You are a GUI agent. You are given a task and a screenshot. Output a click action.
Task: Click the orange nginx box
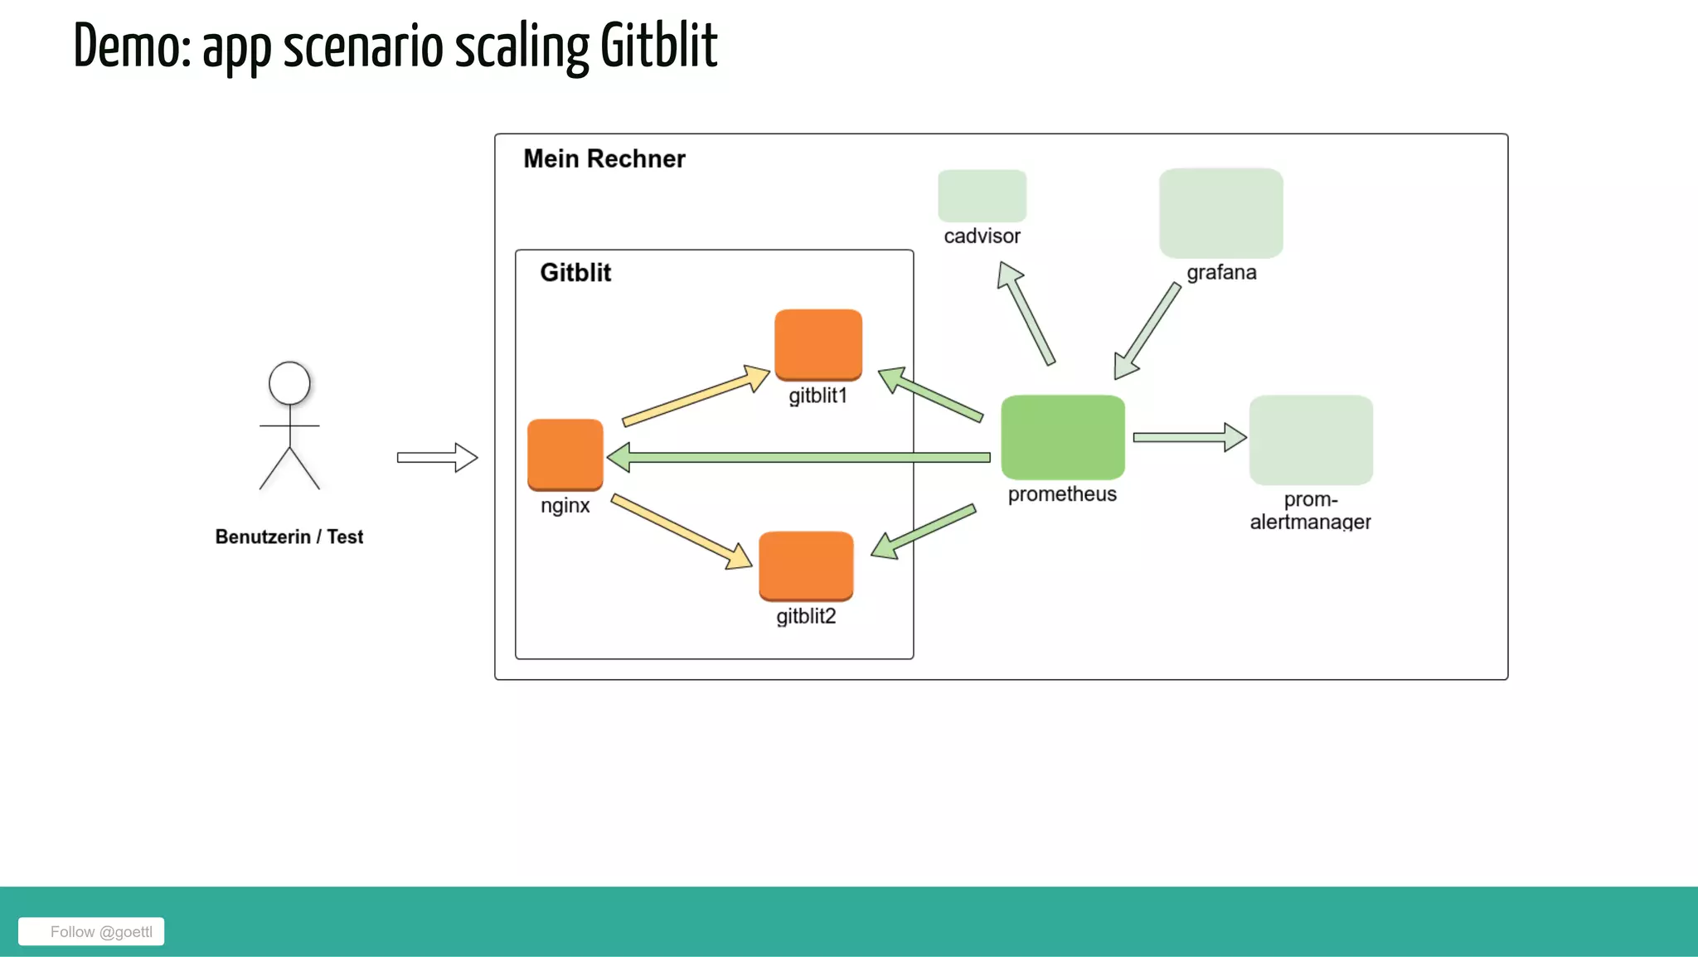(x=565, y=454)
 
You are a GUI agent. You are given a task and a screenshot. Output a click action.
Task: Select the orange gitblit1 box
(x=817, y=344)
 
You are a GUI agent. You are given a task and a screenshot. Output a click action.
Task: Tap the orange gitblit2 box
(x=805, y=565)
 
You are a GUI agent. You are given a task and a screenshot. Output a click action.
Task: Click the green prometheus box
(x=1062, y=437)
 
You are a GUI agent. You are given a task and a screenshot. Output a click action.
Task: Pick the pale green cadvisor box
(x=982, y=196)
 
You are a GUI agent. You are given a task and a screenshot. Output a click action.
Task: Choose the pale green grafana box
(x=1220, y=212)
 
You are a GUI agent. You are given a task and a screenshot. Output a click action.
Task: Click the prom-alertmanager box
(x=1310, y=440)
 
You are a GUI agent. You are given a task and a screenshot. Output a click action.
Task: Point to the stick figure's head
(x=289, y=383)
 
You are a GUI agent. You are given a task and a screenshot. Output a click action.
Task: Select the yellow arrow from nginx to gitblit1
(x=695, y=396)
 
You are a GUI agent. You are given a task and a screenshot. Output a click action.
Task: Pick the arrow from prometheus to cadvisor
(x=1026, y=313)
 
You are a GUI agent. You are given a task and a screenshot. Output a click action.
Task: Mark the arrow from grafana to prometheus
(x=1147, y=330)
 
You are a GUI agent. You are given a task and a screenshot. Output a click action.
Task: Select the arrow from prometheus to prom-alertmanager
(x=1189, y=437)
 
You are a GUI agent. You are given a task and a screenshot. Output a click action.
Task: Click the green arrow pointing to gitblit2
(x=924, y=532)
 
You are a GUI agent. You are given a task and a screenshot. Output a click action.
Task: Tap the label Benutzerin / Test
(x=289, y=537)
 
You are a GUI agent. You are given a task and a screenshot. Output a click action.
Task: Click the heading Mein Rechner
(x=604, y=158)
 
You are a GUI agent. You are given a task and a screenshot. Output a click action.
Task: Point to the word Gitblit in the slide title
(x=658, y=46)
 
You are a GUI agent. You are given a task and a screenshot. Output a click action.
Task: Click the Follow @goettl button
(x=91, y=931)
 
